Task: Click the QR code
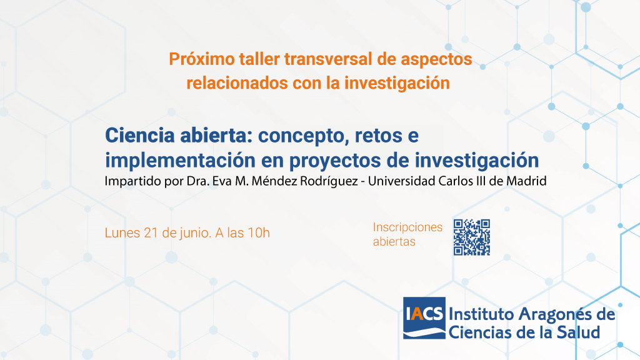tap(471, 237)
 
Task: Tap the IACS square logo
tap(424, 317)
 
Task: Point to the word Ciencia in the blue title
tap(139, 135)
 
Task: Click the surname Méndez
tap(274, 181)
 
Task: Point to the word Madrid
tap(526, 181)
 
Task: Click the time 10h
tap(259, 232)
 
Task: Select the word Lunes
tap(122, 232)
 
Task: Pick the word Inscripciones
tap(407, 227)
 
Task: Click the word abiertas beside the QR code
tap(394, 242)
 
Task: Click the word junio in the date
tap(196, 232)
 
